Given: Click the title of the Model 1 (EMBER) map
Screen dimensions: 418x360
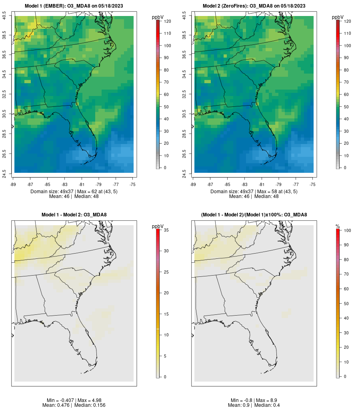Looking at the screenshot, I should pos(74,6).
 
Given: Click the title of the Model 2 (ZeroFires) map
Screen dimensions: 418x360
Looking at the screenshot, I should pos(254,6).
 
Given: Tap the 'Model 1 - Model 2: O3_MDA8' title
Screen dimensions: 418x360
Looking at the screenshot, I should pos(74,215).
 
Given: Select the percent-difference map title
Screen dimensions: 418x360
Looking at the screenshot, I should pos(254,215).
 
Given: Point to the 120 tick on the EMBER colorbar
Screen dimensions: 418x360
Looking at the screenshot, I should pos(168,21).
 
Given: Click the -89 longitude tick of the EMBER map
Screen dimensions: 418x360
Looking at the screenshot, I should pos(14,184).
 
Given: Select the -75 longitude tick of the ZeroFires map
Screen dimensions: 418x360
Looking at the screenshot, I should pos(312,184).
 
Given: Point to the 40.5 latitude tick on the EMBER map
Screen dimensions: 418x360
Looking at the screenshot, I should pos(4,16).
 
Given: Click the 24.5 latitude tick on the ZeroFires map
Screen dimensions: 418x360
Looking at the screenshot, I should pos(184,173).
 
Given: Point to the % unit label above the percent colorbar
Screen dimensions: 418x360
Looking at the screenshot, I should pos(338,226).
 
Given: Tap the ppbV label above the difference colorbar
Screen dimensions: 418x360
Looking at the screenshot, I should pos(158,226).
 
